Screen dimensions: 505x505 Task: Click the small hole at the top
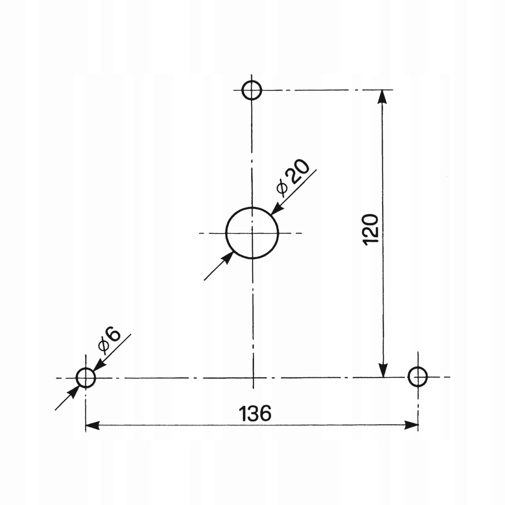pos(252,90)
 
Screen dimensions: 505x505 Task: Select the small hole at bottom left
pos(86,378)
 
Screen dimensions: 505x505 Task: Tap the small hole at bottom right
pos(418,377)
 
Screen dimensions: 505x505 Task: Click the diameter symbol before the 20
pos(283,188)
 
